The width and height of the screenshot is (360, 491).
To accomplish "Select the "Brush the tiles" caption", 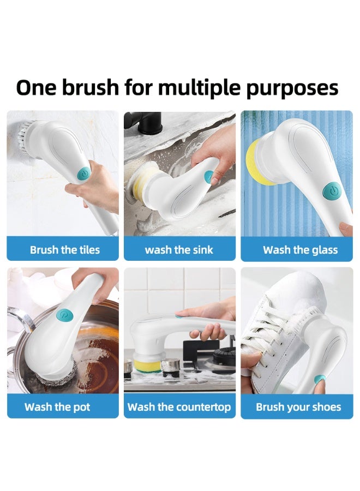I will point(65,250).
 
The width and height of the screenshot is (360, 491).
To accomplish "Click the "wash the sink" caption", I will point(179,250).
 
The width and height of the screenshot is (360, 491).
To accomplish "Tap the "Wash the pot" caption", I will point(57,407).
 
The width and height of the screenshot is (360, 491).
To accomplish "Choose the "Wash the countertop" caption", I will point(179,407).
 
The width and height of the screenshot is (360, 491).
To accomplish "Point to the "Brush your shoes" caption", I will point(298,407).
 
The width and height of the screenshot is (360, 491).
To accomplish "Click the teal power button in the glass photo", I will point(331,190).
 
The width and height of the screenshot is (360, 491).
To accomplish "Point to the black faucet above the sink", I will point(143,121).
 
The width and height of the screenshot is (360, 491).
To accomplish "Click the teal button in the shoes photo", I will point(322,379).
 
